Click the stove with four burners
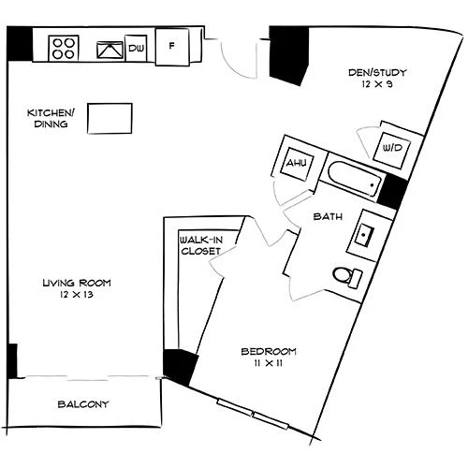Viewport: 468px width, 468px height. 64,49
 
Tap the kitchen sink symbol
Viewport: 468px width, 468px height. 110,50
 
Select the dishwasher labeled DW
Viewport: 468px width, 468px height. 136,48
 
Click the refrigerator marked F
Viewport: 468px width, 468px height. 172,47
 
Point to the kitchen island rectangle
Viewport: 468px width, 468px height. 110,119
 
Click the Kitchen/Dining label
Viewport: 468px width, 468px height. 51,118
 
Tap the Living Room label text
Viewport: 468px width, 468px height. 77,283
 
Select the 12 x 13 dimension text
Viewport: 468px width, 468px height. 77,295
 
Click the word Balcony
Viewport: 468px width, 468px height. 83,404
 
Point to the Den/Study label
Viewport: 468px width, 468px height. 377,73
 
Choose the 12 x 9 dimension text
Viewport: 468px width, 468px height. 377,84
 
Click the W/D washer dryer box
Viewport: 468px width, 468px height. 392,150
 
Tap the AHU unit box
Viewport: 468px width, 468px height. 297,164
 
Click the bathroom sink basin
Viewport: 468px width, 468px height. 364,236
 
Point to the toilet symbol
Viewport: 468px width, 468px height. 347,276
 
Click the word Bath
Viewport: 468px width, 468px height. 328,216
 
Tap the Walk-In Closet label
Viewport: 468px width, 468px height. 200,245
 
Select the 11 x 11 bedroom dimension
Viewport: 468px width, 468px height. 269,363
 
